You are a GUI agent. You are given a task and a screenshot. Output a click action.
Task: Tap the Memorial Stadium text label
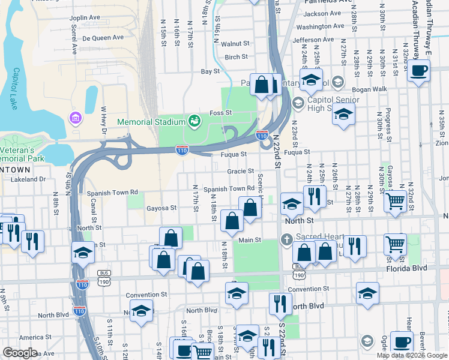point(151,122)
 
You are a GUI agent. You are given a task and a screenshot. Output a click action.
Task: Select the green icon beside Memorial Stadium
point(194,121)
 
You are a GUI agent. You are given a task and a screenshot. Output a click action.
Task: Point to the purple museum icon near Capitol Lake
point(75,116)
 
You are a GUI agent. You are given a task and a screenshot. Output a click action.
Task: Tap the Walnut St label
point(235,44)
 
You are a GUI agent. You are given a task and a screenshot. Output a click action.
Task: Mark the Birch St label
point(236,57)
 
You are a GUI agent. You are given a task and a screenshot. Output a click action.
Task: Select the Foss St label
point(220,113)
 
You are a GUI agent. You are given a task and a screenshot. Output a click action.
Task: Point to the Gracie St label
point(241,171)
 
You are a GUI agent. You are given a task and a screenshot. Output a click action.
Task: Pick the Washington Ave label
point(321,26)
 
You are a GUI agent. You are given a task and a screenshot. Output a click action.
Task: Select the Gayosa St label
point(161,208)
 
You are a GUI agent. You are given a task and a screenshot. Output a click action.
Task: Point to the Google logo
point(20,353)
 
